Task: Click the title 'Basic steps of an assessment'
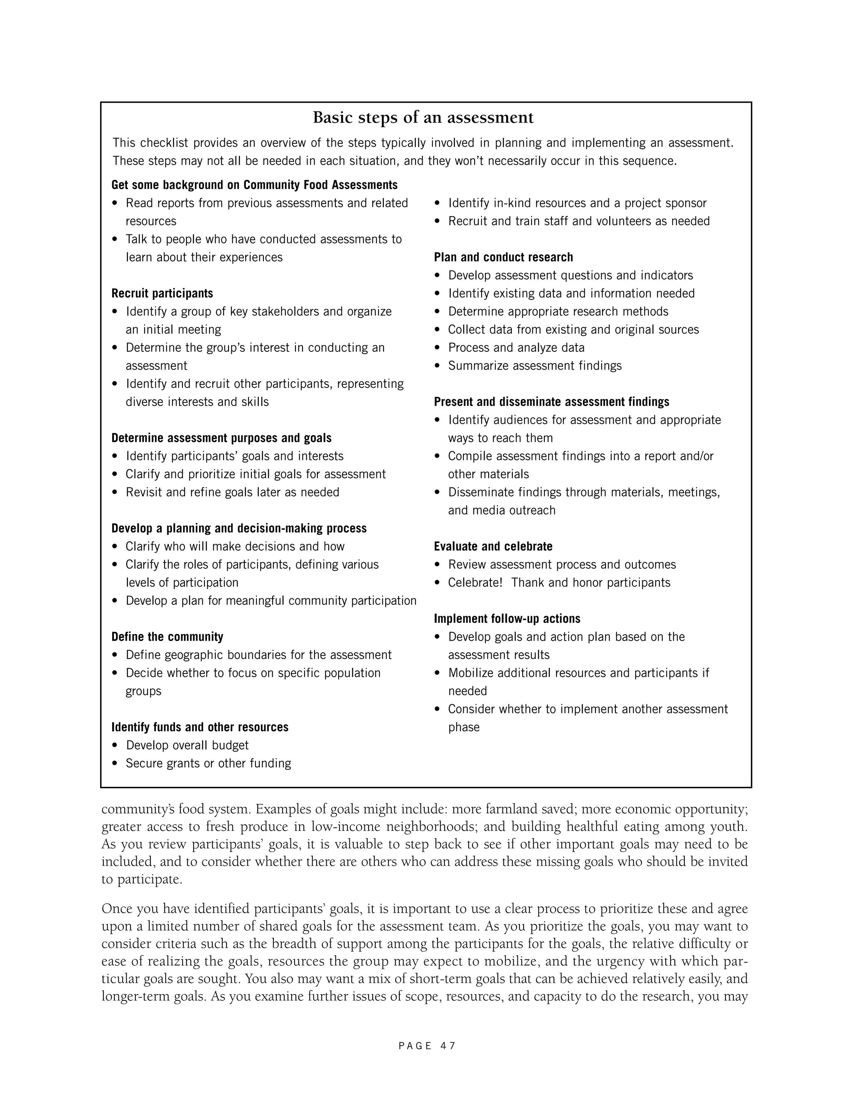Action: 423,118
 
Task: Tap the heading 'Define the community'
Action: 167,637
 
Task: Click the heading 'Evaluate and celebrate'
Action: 493,546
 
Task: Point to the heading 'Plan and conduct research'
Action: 503,257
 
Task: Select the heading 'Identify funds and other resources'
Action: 199,727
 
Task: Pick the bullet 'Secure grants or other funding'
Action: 208,763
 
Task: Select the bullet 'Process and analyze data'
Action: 516,348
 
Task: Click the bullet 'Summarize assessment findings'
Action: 535,366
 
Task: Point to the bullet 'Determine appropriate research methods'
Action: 558,312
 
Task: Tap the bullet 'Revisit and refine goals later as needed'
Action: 232,492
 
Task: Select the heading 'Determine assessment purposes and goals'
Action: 221,438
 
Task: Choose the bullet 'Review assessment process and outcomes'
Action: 562,565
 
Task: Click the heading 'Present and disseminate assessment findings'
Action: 551,402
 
